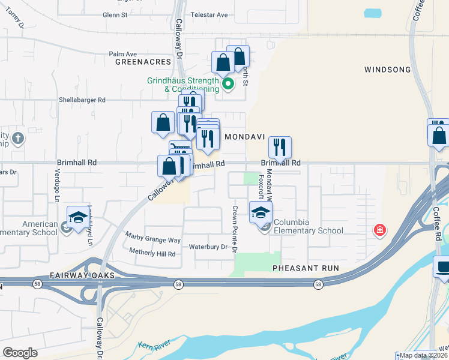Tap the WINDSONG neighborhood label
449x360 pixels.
click(387, 70)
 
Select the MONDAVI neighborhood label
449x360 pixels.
click(245, 137)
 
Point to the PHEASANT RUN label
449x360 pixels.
click(306, 268)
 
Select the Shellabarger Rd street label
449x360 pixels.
click(82, 100)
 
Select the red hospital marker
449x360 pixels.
click(379, 229)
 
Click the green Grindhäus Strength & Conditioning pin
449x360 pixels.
click(228, 84)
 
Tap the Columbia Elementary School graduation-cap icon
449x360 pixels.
click(261, 213)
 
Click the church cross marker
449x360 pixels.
click(18, 139)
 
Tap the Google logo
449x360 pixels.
click(20, 352)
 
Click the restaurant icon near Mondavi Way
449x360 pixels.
click(280, 147)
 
